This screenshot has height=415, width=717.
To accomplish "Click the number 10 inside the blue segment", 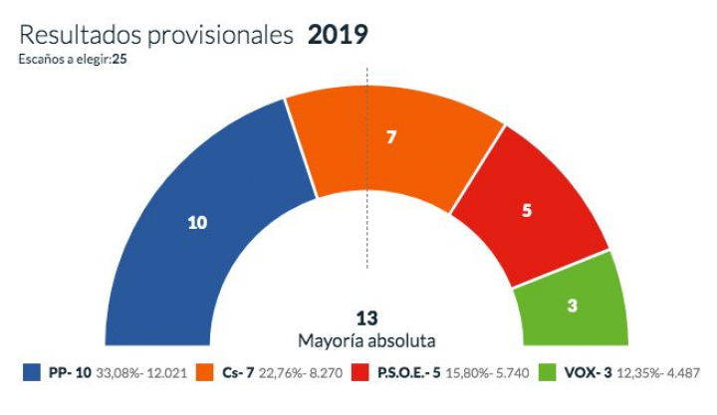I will click(197, 222).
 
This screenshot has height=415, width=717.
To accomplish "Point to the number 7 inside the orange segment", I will click(391, 136).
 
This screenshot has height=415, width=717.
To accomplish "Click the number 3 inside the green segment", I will click(572, 306).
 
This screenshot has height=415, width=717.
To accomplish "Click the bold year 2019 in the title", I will click(338, 35).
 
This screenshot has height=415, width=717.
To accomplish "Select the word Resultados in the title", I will click(80, 35).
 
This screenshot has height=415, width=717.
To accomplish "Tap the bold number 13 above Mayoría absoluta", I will click(367, 319).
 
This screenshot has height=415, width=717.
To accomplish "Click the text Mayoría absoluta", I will click(367, 340).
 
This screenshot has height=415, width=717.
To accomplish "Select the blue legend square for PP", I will click(32, 373).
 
